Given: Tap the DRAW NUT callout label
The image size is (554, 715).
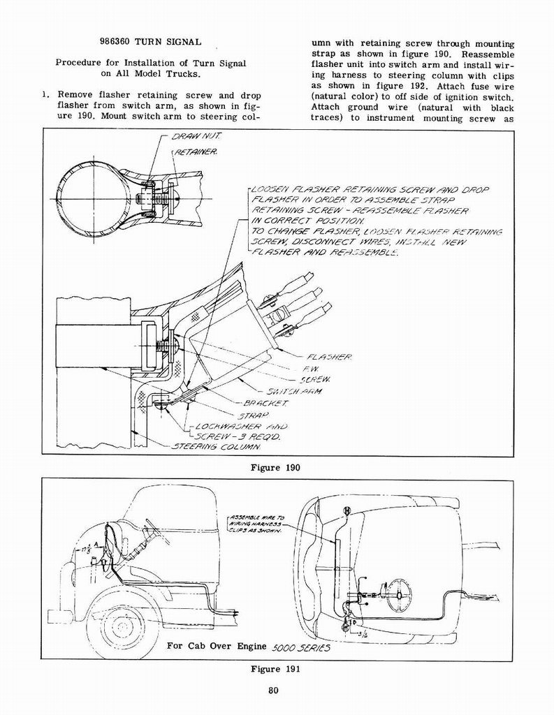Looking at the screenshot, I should click(191, 137).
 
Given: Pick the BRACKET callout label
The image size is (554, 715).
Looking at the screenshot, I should click(262, 404).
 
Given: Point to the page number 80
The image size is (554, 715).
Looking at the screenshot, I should click(274, 691).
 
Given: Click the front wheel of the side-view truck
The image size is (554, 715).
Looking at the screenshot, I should click(122, 626).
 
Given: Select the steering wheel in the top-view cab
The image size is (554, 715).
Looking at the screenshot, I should click(399, 595).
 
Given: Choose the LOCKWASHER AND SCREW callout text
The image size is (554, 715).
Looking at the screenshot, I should click(238, 431).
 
